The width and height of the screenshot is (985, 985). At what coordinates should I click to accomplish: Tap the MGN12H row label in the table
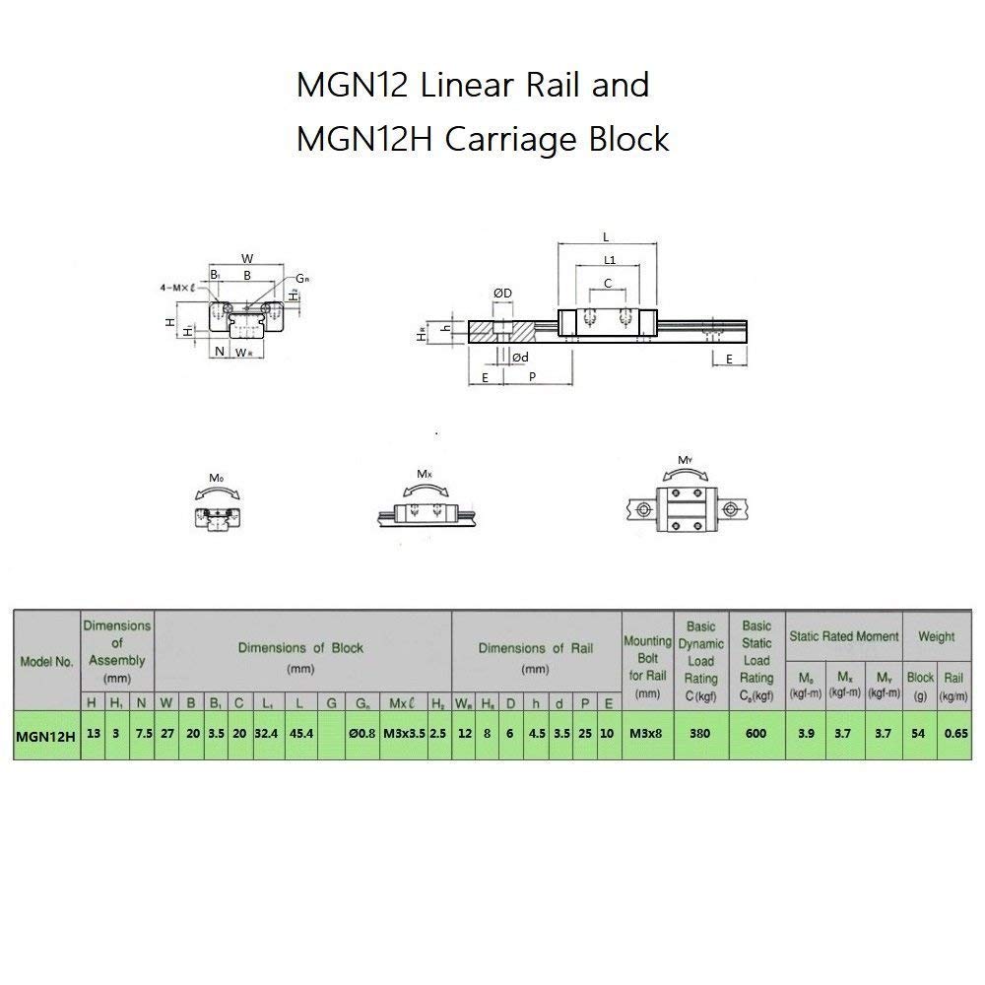pyautogui.click(x=45, y=735)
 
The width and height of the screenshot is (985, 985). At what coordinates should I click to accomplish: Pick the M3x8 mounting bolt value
pyautogui.click(x=647, y=735)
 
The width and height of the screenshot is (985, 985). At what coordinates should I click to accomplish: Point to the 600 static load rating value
pyautogui.click(x=756, y=735)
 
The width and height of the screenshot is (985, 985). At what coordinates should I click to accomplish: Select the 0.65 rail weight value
pyautogui.click(x=953, y=735)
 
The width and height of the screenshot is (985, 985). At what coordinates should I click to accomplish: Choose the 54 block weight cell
pyautogui.click(x=920, y=735)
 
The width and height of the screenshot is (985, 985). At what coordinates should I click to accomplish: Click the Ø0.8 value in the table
pyautogui.click(x=361, y=735)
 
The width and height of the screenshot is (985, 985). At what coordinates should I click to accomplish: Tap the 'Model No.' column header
pyautogui.click(x=46, y=661)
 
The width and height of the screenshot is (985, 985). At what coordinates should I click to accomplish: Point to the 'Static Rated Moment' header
pyautogui.click(x=844, y=637)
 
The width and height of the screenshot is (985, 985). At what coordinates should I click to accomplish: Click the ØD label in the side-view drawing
pyautogui.click(x=501, y=294)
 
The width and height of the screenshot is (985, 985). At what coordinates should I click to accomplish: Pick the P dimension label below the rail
pyautogui.click(x=533, y=377)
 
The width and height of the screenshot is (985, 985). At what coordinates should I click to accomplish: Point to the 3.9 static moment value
pyautogui.click(x=806, y=735)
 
